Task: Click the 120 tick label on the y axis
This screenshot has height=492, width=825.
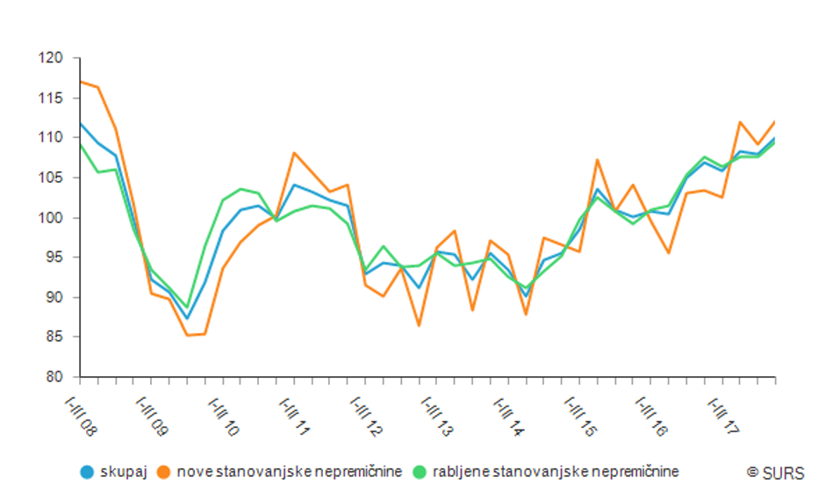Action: tap(52, 58)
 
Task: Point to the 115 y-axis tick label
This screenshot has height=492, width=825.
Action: tap(52, 98)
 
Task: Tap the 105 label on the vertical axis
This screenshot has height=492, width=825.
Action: tap(52, 177)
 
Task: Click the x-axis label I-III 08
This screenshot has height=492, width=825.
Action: tap(81, 416)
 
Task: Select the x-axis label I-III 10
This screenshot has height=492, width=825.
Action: tap(224, 416)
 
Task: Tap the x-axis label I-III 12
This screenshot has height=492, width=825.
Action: tap(367, 416)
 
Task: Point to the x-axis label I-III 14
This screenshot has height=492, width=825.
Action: tap(509, 416)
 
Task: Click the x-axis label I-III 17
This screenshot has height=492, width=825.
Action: tap(723, 416)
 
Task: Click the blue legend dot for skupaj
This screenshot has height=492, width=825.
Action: tap(86, 472)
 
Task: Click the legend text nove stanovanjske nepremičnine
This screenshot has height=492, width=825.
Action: tap(289, 472)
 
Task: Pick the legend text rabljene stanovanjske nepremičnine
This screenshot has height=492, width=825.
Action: tap(556, 472)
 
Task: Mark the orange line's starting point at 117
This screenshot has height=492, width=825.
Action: tap(80, 82)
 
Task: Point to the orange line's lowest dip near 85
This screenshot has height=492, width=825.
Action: tap(187, 335)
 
